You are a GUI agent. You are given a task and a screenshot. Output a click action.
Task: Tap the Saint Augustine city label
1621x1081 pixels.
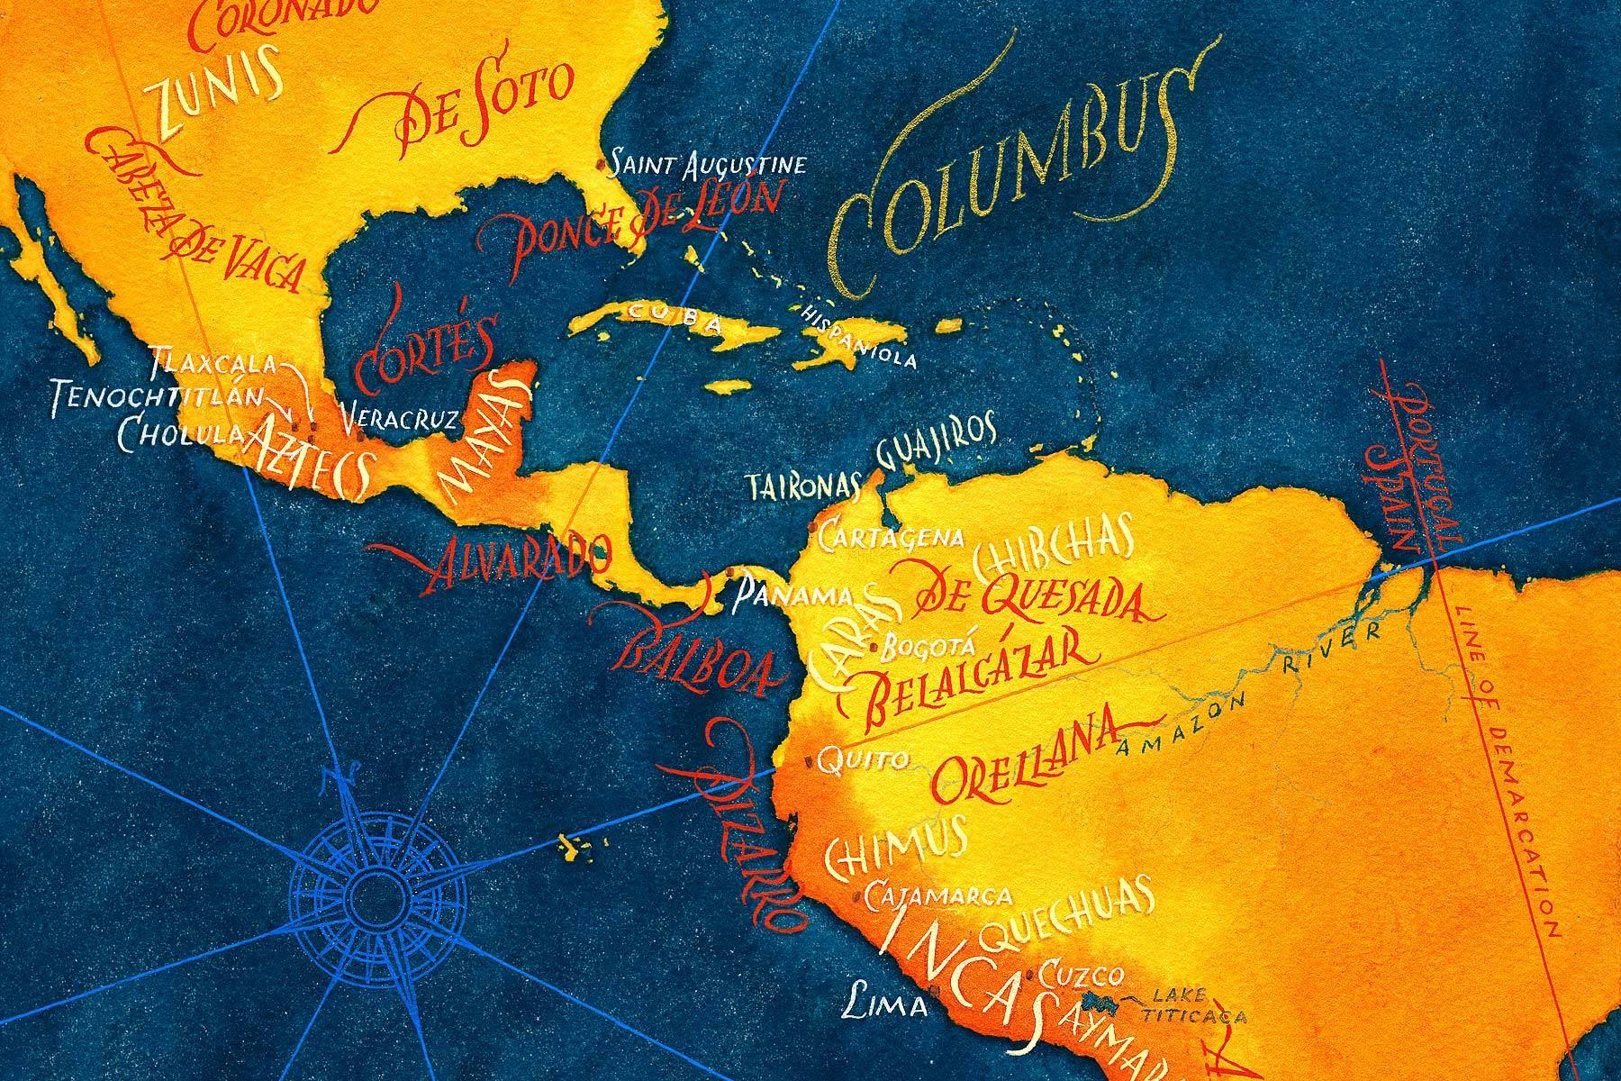(706, 165)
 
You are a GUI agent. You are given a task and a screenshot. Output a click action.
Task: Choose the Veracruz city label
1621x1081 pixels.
(401, 418)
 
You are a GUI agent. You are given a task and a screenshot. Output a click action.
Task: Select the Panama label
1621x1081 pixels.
(792, 595)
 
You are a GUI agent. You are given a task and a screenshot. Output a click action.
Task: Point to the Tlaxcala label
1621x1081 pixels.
(213, 363)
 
